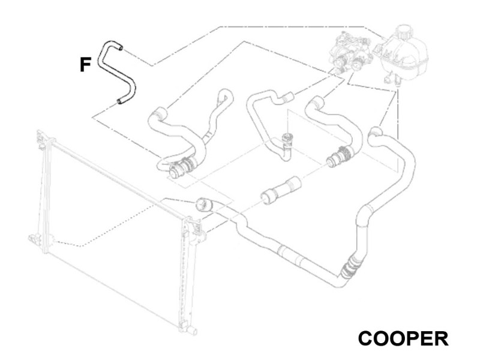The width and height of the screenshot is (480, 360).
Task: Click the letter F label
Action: click(85, 65)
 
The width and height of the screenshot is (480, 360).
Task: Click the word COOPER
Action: click(403, 338)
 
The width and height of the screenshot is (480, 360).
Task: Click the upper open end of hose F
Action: click(121, 47)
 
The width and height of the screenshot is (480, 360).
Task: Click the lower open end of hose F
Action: click(119, 101)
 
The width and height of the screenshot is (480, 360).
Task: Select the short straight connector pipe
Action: click(280, 190)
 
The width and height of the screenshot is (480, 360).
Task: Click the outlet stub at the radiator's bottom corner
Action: click(192, 331)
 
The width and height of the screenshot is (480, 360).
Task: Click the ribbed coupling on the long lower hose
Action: click(349, 267)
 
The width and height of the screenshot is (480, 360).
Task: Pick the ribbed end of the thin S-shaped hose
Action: click(288, 97)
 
